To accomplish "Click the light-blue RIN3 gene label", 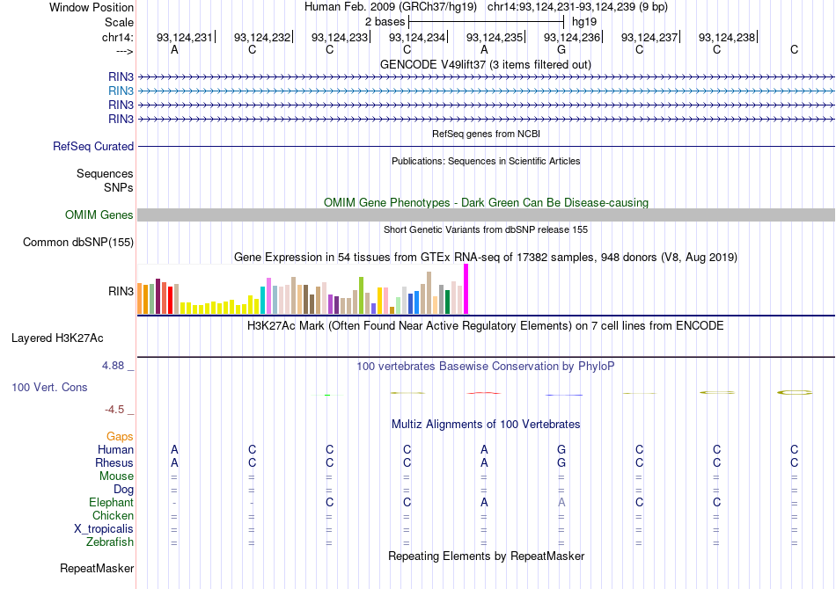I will [x=121, y=91].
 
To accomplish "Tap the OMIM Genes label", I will [x=99, y=215].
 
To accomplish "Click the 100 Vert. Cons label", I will [x=62, y=387].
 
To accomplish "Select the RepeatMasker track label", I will [x=96, y=569].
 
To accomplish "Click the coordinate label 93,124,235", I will [x=495, y=38].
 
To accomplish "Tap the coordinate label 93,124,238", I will [x=727, y=38].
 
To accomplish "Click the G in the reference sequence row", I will [x=561, y=49].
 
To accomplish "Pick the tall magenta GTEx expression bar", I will [x=466, y=288].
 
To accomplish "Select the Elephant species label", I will [x=111, y=502].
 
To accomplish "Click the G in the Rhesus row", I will [x=561, y=462].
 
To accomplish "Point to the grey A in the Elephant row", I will [x=561, y=502].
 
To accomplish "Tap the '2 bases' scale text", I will [x=385, y=20].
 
